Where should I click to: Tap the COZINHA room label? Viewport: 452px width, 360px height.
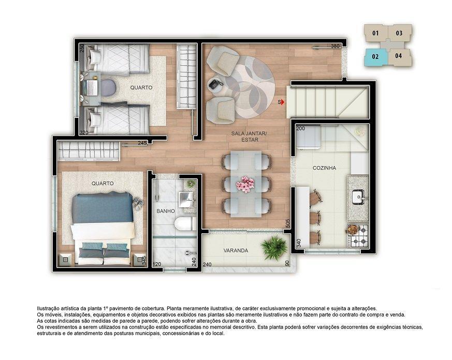324,168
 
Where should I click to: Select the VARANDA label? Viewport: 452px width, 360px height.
236,250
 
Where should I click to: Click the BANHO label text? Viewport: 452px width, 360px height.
166,211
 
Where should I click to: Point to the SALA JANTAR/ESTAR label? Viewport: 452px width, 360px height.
249,137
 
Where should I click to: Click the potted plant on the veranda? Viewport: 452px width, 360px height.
274,248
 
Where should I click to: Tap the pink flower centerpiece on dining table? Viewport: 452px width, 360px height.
245,184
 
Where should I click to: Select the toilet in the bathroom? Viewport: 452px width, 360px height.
183,223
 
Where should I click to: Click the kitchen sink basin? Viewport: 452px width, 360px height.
358,197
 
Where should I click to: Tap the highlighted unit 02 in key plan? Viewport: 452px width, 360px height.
375,57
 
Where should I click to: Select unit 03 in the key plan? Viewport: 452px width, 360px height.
399,33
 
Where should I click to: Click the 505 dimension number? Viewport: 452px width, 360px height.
287,222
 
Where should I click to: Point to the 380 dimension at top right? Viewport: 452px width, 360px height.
335,47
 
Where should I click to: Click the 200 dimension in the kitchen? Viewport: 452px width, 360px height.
300,128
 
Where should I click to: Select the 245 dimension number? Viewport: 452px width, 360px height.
142,143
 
